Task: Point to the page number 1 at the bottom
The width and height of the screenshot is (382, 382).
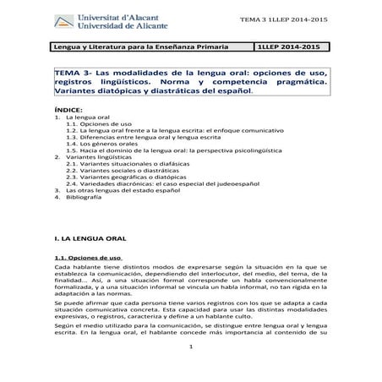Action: click(192, 370)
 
